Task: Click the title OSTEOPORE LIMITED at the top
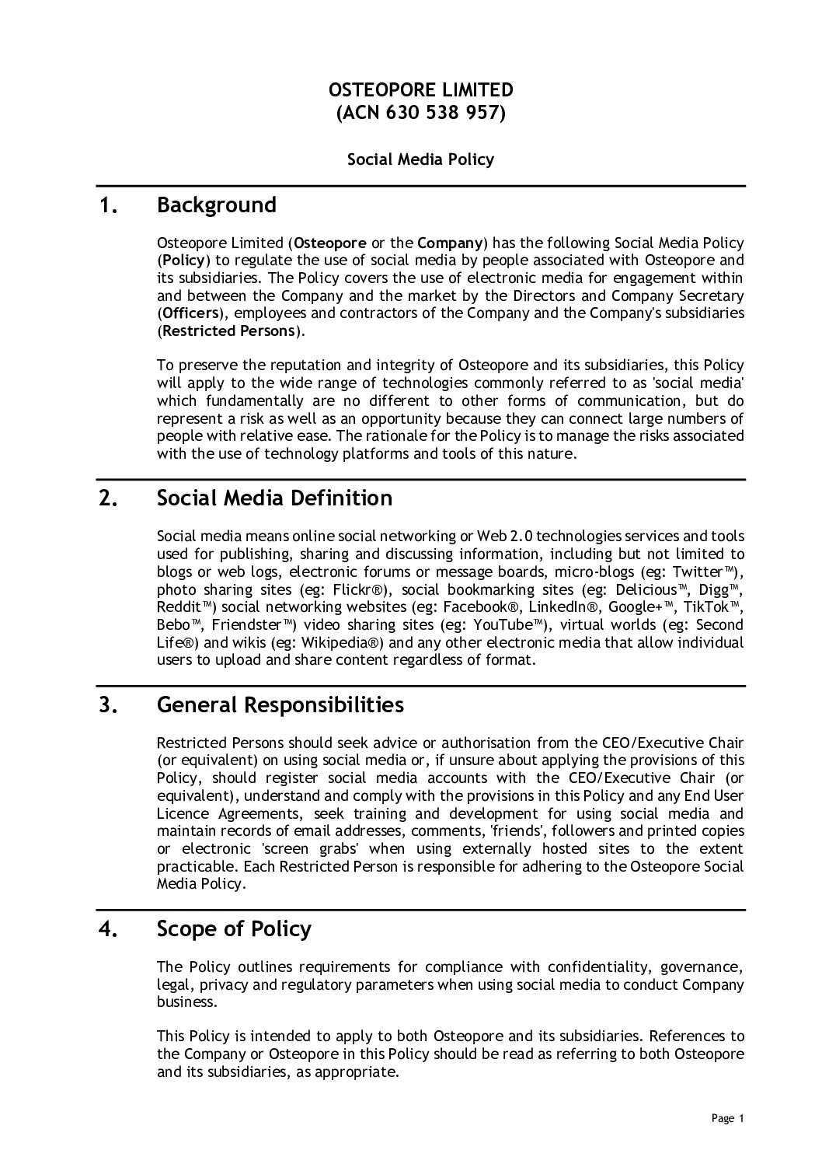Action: coord(420,89)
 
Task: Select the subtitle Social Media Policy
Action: coord(420,159)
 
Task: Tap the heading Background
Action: coord(216,205)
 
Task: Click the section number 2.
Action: coord(109,498)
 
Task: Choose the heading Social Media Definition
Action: coord(274,498)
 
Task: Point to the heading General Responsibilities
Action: coord(280,705)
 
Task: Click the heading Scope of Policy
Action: coord(234,929)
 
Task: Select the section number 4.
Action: coord(109,929)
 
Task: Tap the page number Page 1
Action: coord(728,1119)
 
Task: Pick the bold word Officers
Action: coord(190,313)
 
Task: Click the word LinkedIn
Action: coord(560,607)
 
